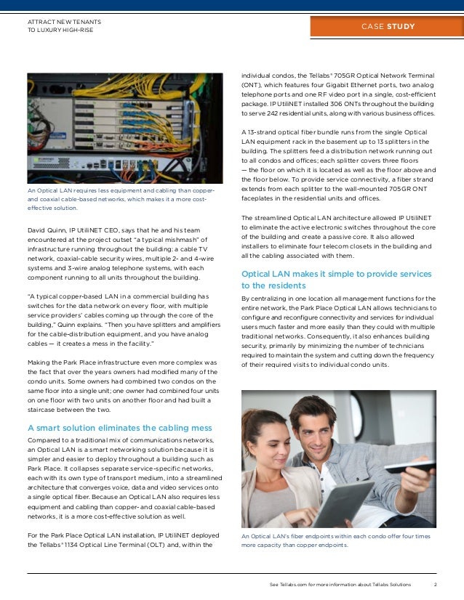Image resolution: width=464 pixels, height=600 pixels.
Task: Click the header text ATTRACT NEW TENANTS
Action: tap(64, 22)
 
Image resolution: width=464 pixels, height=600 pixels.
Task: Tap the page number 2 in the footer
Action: tap(435, 585)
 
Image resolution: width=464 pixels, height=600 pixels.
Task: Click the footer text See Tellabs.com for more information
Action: tap(340, 585)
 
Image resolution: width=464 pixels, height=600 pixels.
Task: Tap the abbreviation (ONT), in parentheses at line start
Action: tap(253, 85)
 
